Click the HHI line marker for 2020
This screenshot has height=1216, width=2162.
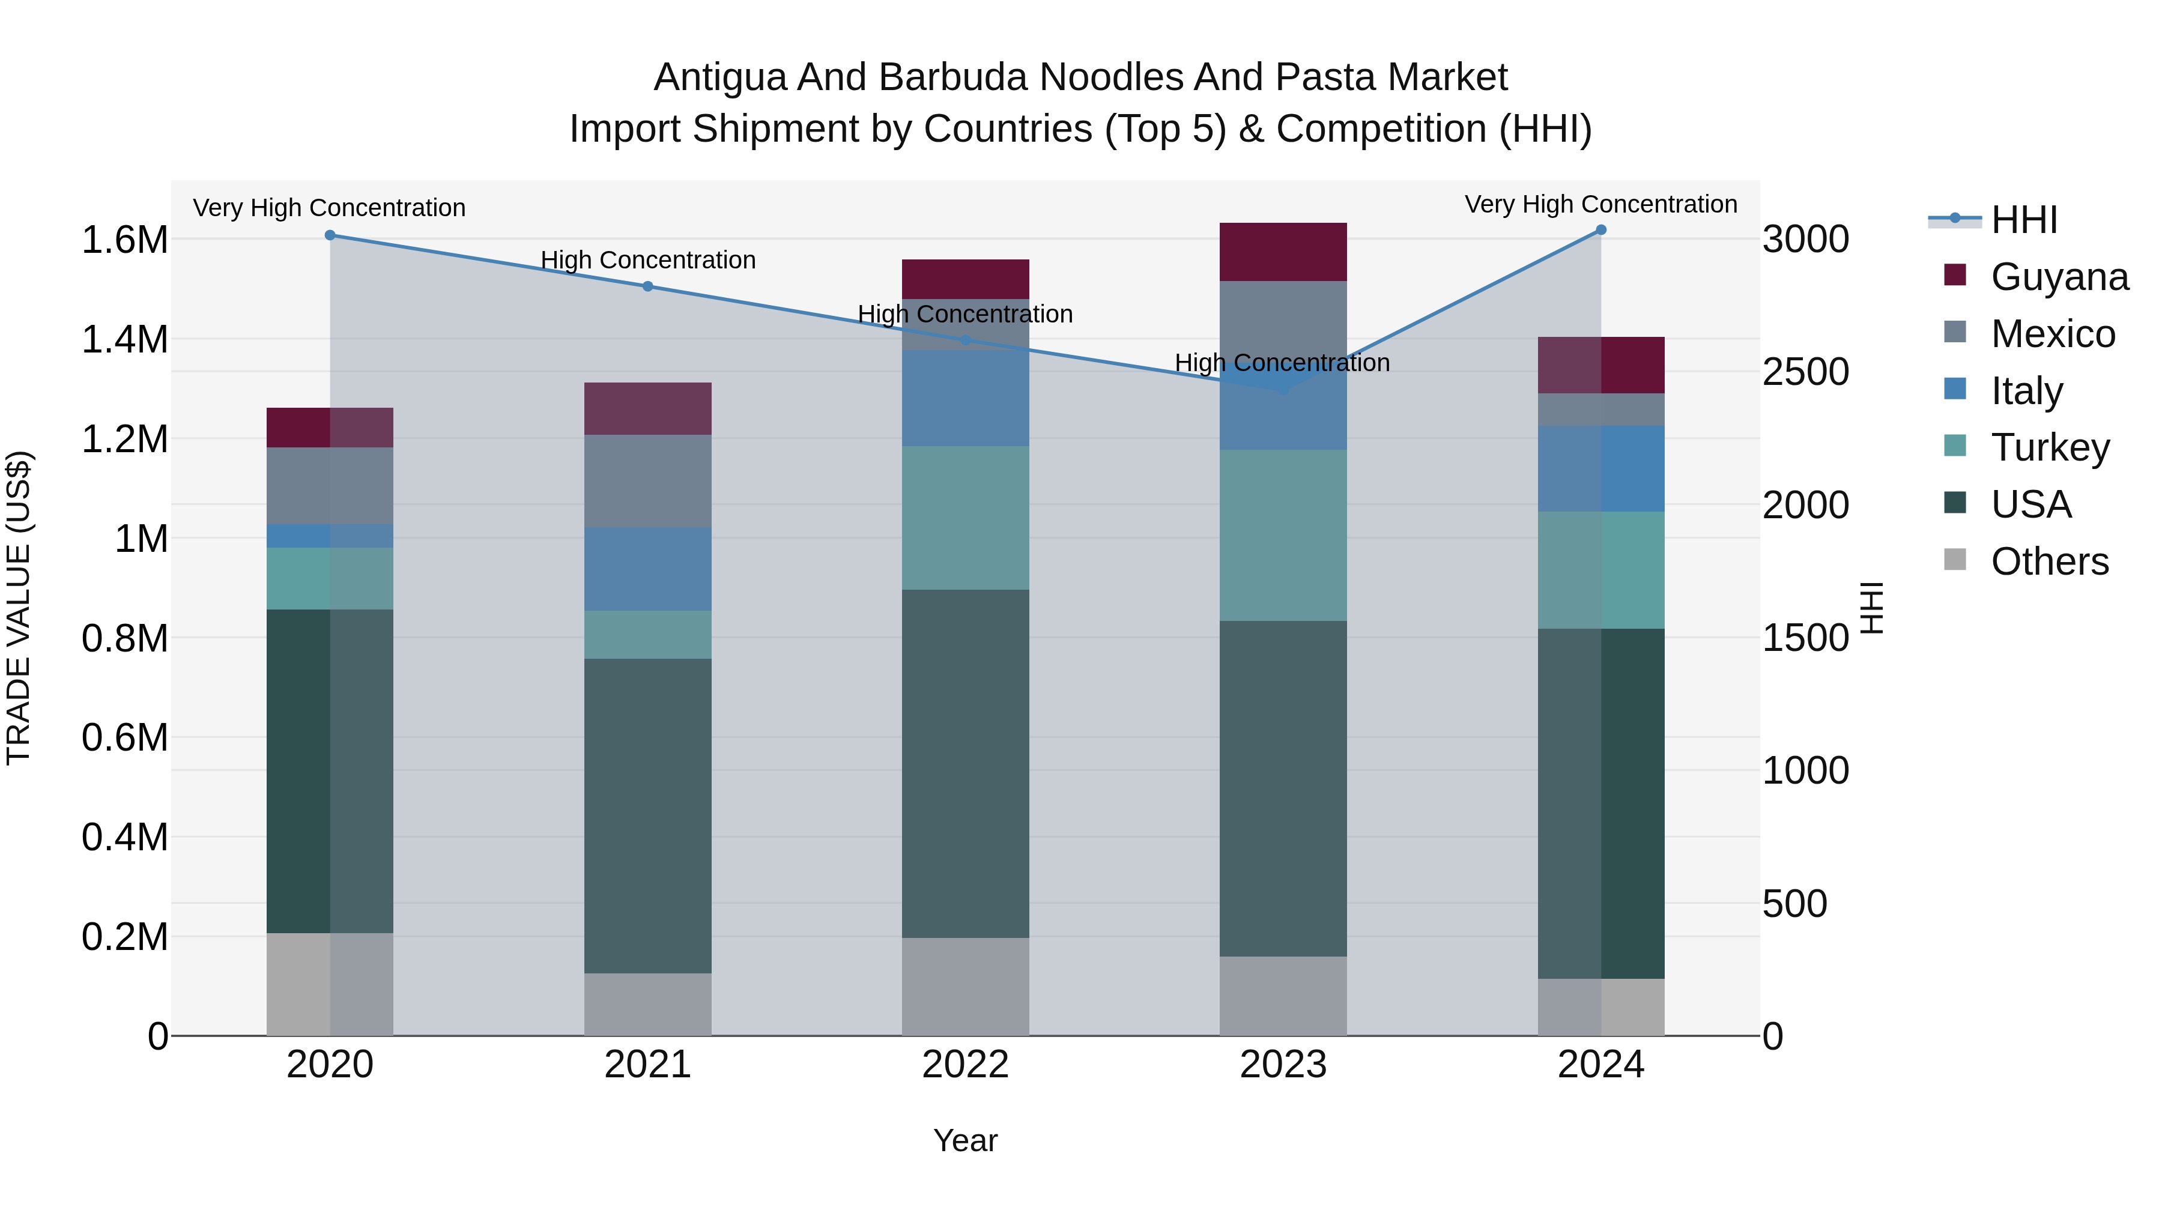[330, 235]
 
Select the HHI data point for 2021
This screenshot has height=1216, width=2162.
[647, 286]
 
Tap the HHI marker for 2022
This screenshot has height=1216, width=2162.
[965, 340]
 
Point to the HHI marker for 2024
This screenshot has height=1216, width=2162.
[1600, 230]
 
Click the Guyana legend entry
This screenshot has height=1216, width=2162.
[2059, 277]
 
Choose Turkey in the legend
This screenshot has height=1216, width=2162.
[2050, 447]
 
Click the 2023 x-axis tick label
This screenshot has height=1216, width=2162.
[1282, 1065]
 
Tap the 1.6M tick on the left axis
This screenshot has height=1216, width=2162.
[124, 240]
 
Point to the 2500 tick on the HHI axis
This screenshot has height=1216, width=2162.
[1805, 372]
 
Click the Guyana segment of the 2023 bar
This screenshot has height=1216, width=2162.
[1282, 252]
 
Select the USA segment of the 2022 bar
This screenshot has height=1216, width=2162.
[965, 764]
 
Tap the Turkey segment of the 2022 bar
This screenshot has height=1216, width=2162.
[965, 518]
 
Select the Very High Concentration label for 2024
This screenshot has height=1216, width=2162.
[1600, 204]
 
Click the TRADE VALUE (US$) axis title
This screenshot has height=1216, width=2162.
[19, 608]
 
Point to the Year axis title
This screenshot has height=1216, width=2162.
[965, 1140]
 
